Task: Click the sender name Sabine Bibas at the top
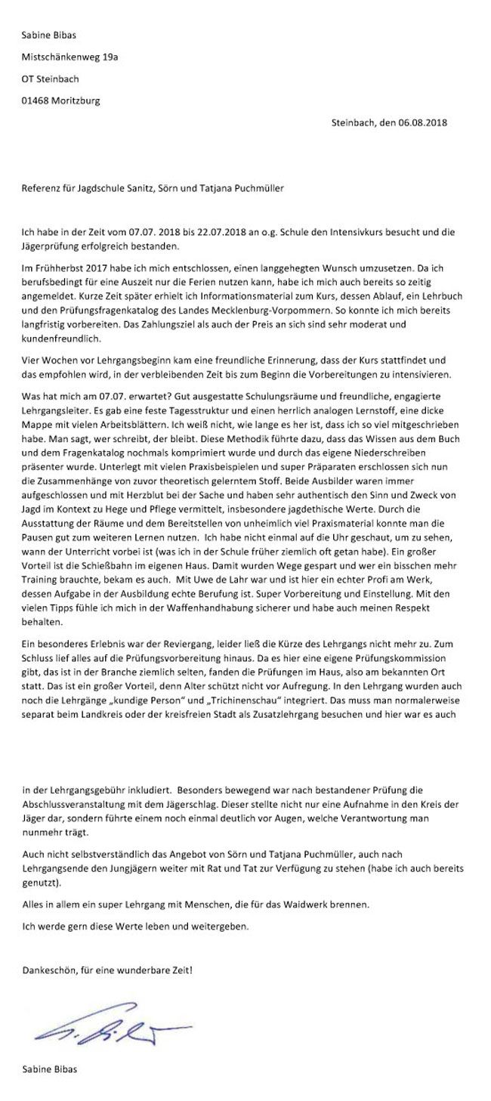pos(49,35)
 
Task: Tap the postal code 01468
pos(36,100)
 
